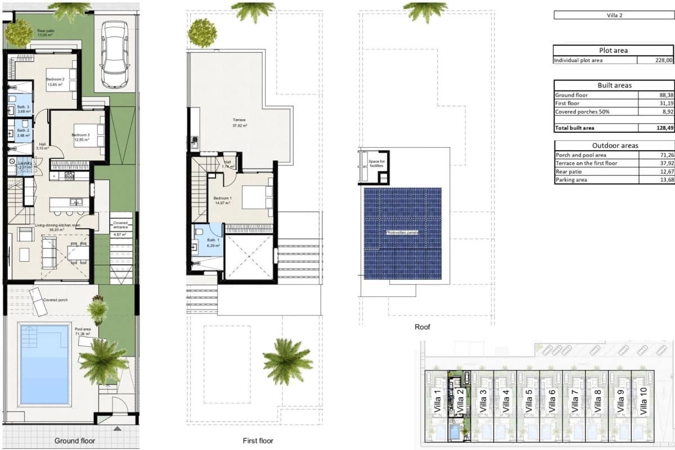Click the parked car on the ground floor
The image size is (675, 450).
click(x=115, y=55)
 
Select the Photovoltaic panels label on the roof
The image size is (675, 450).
click(x=402, y=232)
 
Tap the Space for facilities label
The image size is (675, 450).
click(x=377, y=164)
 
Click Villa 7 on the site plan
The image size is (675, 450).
click(x=574, y=401)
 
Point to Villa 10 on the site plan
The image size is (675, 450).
click(x=643, y=401)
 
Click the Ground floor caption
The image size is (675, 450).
click(x=75, y=441)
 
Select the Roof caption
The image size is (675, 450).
click(x=422, y=327)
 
